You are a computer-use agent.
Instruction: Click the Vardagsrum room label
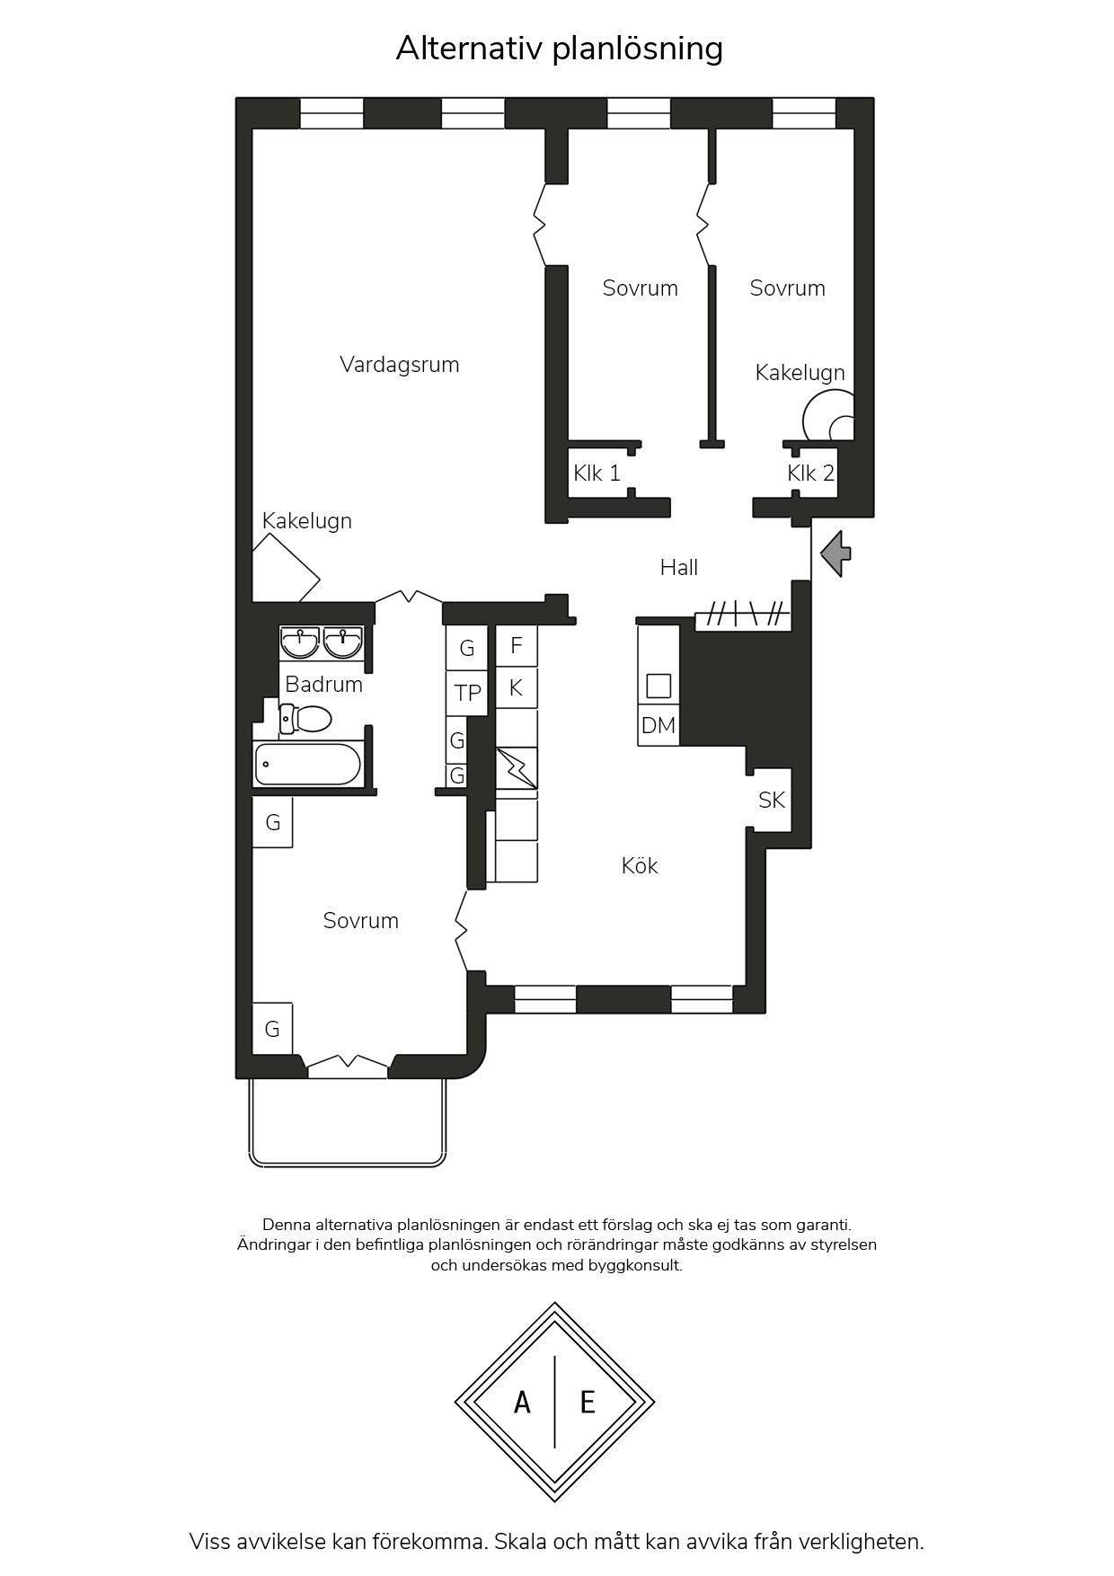coord(399,365)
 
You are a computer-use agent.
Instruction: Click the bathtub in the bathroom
coord(307,765)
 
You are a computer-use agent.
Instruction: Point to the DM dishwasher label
coord(659,725)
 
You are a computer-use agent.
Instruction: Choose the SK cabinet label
coord(772,800)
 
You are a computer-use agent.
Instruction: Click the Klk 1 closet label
coord(597,473)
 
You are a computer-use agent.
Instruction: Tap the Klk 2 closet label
coord(810,473)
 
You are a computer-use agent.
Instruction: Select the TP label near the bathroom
coord(468,693)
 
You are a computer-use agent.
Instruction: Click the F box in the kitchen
coord(517,645)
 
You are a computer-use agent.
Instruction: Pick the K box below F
coord(517,687)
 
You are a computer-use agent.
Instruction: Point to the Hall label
coord(678,567)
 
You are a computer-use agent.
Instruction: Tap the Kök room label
coord(640,865)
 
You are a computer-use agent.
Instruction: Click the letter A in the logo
coord(522,1402)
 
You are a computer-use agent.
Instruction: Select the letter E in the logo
coord(588,1402)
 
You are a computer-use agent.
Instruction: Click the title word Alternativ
coord(469,48)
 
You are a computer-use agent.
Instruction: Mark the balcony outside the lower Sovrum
coord(348,1122)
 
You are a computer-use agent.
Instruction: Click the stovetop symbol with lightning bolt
coord(517,768)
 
